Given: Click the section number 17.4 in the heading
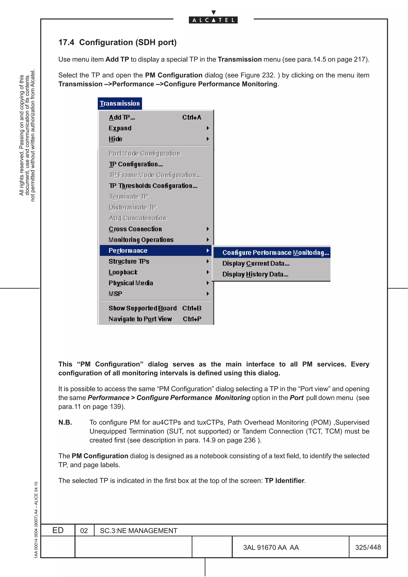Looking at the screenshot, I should pyautogui.click(x=66, y=42).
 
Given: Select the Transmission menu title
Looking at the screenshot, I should pyautogui.click(x=120, y=104).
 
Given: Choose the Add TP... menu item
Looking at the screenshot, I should pyautogui.click(x=122, y=117).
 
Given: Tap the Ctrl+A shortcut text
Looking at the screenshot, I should pyautogui.click(x=192, y=117).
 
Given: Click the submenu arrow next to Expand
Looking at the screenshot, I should pyautogui.click(x=208, y=128).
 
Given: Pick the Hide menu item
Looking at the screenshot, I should pyautogui.click(x=115, y=139).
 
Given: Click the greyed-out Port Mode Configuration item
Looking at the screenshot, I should pyautogui.click(x=144, y=153).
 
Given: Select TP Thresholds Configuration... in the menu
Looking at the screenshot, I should pyautogui.click(x=153, y=186).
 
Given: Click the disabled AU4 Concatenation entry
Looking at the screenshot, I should pyautogui.click(x=137, y=218).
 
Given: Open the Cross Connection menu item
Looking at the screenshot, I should pyautogui.click(x=135, y=229).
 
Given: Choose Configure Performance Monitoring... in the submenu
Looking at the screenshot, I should pyautogui.click(x=276, y=253).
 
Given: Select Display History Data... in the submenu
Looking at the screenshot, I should pyautogui.click(x=255, y=274).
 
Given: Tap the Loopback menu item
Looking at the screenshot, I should pyautogui.click(x=123, y=272).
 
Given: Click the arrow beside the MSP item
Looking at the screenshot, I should pyautogui.click(x=208, y=294).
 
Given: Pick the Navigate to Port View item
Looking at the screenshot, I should pyautogui.click(x=140, y=319).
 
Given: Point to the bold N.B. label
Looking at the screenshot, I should pyautogui.click(x=65, y=422).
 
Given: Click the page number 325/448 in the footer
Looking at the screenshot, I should pyautogui.click(x=368, y=547).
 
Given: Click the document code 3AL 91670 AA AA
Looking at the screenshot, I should pyautogui.click(x=271, y=547).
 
